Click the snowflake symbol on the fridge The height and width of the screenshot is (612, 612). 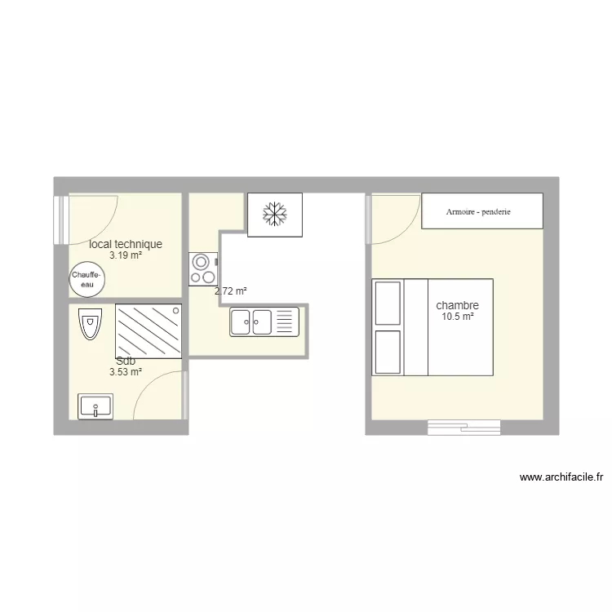(x=275, y=215)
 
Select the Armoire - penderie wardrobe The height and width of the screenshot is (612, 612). (x=481, y=211)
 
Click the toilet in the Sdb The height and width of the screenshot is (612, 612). (x=89, y=326)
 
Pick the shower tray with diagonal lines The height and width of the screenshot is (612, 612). (x=148, y=330)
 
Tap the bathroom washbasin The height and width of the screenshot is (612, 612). (x=95, y=406)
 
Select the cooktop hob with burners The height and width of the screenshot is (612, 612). (x=202, y=269)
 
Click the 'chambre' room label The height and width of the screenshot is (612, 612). (x=457, y=306)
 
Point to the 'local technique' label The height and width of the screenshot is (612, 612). (x=126, y=244)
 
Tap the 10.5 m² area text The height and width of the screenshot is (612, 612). (x=458, y=317)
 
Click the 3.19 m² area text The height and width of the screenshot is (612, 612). (x=126, y=255)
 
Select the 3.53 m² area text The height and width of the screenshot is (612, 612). (x=126, y=372)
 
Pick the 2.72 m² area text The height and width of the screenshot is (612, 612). (x=230, y=290)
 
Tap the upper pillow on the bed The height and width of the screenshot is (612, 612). (x=388, y=303)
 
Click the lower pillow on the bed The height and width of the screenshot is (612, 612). (x=388, y=352)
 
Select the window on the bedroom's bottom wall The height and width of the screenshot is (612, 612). (x=463, y=427)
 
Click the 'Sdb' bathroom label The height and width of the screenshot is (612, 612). (x=126, y=361)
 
